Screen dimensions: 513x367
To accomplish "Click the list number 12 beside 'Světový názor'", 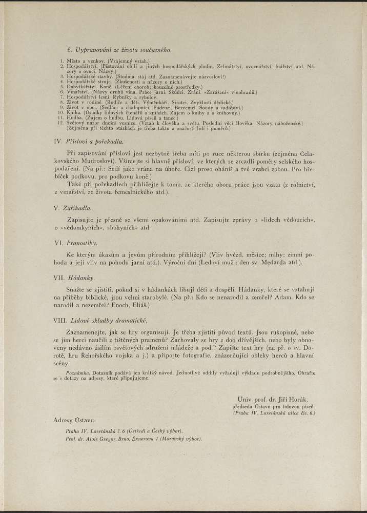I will [61, 124].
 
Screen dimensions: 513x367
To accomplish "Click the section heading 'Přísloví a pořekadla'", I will [96, 141].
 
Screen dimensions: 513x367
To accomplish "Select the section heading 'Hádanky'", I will [81, 277].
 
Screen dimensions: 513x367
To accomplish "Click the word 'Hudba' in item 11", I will [74, 119].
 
